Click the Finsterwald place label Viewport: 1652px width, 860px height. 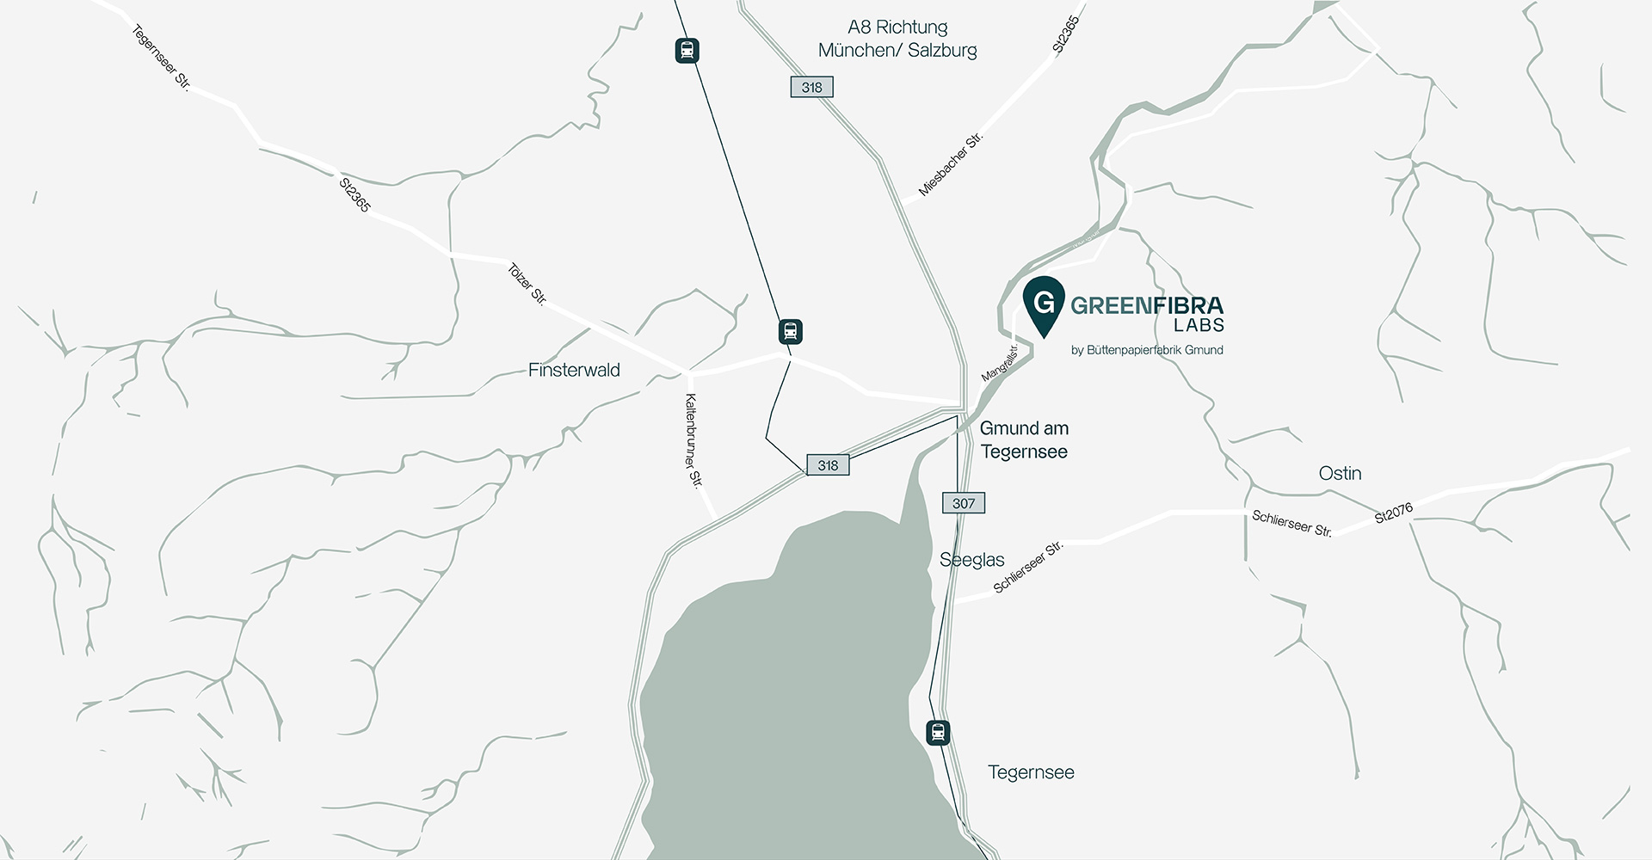click(x=574, y=370)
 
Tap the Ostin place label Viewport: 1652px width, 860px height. click(x=1340, y=473)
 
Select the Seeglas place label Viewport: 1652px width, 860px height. click(x=971, y=560)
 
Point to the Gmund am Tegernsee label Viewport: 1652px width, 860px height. click(x=1024, y=439)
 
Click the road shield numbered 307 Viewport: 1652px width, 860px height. click(x=964, y=503)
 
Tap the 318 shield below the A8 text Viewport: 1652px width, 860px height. click(x=811, y=87)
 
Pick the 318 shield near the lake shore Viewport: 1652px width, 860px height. click(x=828, y=465)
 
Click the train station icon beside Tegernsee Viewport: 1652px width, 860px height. click(x=938, y=733)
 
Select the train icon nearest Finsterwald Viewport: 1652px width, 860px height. click(x=790, y=331)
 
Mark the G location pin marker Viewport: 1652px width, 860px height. click(x=1044, y=304)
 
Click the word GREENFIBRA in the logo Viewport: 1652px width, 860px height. click(x=1146, y=305)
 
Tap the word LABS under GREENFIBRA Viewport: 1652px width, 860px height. click(x=1199, y=326)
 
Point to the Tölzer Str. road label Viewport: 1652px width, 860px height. click(x=527, y=284)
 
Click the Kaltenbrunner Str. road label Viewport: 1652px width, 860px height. click(x=693, y=440)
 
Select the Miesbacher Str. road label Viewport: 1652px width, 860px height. click(x=950, y=164)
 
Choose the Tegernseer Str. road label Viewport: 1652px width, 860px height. click(x=161, y=58)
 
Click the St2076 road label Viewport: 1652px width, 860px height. click(x=1393, y=513)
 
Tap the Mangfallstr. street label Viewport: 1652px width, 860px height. click(x=1000, y=363)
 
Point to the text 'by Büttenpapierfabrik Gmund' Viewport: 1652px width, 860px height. click(x=1147, y=350)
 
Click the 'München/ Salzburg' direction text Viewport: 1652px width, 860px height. click(x=897, y=50)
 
